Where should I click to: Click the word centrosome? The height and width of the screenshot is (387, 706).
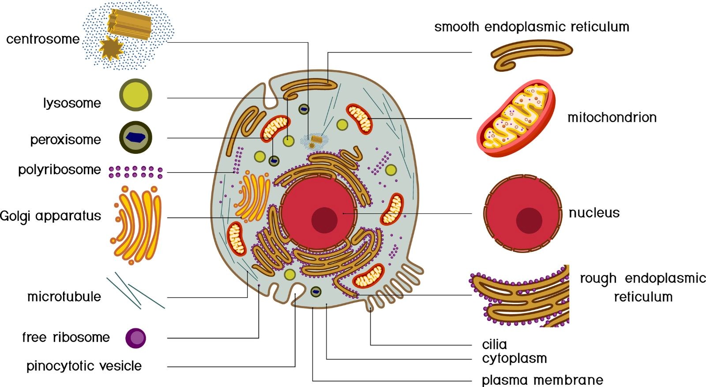[x=43, y=39]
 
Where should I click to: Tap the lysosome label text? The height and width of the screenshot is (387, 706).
[x=72, y=103]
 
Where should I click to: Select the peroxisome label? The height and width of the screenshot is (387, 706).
[x=66, y=140]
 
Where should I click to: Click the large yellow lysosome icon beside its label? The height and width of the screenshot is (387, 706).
[x=135, y=95]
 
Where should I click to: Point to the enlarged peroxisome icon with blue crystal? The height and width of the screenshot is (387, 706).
[x=135, y=137]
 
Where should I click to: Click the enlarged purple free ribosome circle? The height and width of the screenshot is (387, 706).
[x=135, y=338]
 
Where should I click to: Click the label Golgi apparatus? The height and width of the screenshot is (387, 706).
[x=50, y=216]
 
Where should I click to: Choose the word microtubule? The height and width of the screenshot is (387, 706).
[x=64, y=297]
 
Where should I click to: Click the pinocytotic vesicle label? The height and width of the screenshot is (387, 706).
[x=84, y=366]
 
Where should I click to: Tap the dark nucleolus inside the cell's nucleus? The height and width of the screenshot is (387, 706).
[x=324, y=220]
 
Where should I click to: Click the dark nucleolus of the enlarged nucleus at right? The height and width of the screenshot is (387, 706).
[x=529, y=220]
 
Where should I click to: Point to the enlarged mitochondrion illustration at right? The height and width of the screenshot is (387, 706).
[x=516, y=118]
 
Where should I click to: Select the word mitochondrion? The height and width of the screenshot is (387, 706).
[x=612, y=117]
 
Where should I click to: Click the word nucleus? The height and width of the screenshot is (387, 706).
[x=594, y=213]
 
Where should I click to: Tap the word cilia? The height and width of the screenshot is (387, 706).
[x=495, y=345]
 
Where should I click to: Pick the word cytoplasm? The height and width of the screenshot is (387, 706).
[x=514, y=359]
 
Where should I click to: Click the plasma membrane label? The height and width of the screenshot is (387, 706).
[x=542, y=380]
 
